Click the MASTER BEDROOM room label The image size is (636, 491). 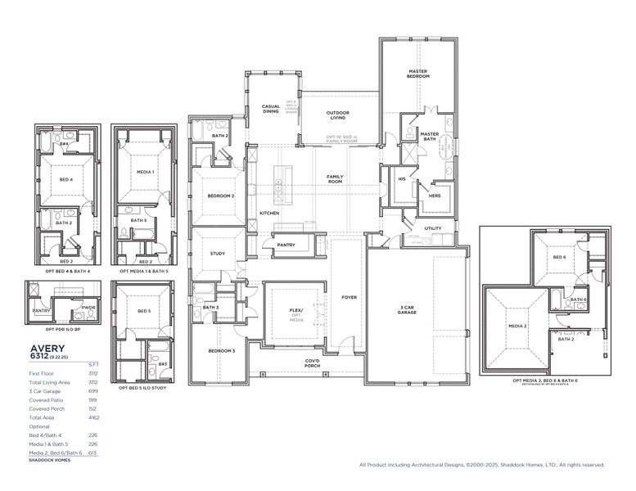tap(418, 74)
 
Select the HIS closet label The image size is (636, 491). tap(402, 178)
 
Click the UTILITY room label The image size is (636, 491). tap(433, 228)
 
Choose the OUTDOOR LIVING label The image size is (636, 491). tap(338, 115)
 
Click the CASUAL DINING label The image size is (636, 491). tap(271, 109)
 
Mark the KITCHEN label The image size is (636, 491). tap(269, 214)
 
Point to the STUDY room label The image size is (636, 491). tap(218, 254)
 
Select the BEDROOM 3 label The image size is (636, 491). tap(221, 350)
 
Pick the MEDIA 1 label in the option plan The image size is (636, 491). tap(145, 172)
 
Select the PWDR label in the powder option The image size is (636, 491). tap(88, 309)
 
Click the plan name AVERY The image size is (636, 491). tap(47, 348)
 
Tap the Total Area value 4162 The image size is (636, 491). tap(93, 418)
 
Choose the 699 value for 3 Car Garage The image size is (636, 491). tap(93, 391)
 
